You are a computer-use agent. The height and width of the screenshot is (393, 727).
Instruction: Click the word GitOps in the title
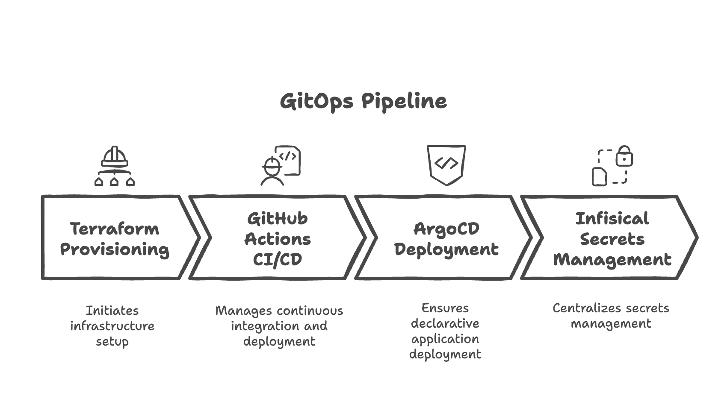point(316,102)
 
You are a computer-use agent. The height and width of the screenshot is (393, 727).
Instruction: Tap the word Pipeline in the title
point(404,102)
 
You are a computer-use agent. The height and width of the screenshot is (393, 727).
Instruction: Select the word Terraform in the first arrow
point(115,229)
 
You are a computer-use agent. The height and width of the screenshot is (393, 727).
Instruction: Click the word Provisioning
point(115,249)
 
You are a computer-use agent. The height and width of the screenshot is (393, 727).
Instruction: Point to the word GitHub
point(278,219)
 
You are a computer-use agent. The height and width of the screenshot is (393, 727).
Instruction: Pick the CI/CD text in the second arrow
point(278,259)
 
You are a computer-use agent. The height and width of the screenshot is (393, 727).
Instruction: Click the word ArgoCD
point(446,229)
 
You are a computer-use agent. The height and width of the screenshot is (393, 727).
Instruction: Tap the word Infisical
point(612,219)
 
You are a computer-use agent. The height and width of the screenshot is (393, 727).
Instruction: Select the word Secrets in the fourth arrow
point(612,239)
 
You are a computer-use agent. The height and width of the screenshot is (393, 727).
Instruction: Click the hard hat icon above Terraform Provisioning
point(115,157)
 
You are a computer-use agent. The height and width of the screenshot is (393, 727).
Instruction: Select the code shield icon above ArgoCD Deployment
point(446,164)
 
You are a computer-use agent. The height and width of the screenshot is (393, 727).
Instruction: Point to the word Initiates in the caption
point(112,311)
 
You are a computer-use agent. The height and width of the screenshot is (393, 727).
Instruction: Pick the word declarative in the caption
point(445,323)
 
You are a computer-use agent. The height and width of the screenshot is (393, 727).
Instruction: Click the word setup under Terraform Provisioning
point(112,342)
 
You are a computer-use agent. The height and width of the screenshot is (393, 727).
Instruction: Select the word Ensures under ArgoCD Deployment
point(445,308)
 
